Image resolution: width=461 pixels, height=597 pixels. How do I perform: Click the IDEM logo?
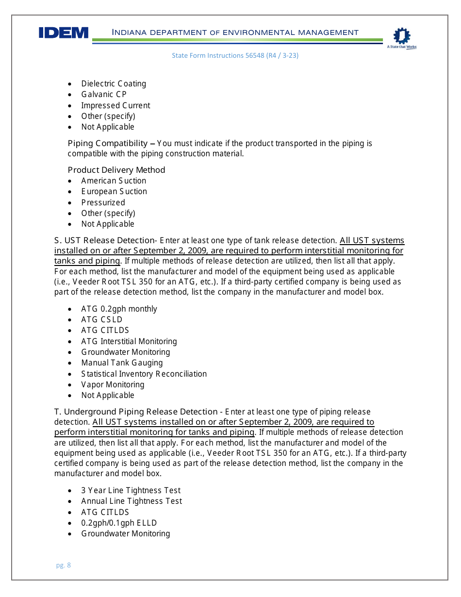(x=64, y=33)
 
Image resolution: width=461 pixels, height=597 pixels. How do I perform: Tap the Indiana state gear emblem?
(x=401, y=36)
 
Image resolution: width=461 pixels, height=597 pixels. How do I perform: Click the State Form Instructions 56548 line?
(x=235, y=56)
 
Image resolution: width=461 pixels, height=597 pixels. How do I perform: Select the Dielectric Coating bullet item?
(x=113, y=84)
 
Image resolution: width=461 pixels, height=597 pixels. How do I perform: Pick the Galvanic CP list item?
(x=103, y=95)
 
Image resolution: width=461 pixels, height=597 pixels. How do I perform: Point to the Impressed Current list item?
(x=115, y=105)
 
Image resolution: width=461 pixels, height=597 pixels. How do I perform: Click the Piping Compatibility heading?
(x=107, y=143)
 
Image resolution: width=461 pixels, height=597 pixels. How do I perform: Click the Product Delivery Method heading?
(x=116, y=170)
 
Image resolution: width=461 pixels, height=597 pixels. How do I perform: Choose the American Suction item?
(x=114, y=181)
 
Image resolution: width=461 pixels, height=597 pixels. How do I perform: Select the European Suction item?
(x=114, y=192)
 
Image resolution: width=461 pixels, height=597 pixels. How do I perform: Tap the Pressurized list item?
(x=103, y=202)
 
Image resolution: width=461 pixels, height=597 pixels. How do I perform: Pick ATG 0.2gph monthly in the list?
(x=119, y=309)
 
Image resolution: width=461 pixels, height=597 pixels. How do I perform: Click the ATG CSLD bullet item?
(x=102, y=320)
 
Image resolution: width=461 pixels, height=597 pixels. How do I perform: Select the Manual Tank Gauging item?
(x=122, y=363)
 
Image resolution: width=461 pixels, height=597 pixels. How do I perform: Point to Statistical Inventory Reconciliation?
(x=144, y=374)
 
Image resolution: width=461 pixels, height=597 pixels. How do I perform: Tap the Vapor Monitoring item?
(x=113, y=384)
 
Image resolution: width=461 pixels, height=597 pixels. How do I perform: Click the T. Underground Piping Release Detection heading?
(x=136, y=412)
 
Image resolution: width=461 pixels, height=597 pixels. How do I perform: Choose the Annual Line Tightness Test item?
(x=132, y=501)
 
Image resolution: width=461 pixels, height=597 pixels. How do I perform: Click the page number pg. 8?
(x=64, y=565)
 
